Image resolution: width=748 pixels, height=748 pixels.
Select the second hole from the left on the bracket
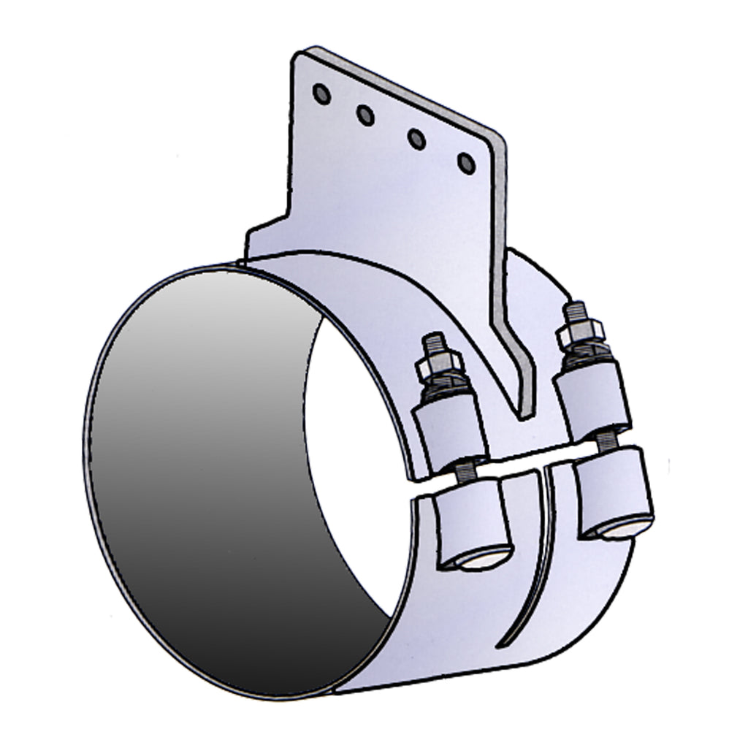click(366, 115)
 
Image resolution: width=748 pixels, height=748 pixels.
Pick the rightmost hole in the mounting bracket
click(465, 162)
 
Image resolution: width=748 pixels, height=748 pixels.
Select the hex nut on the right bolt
click(581, 332)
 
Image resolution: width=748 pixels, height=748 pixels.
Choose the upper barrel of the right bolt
click(593, 398)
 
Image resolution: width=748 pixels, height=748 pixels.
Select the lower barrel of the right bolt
click(614, 493)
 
